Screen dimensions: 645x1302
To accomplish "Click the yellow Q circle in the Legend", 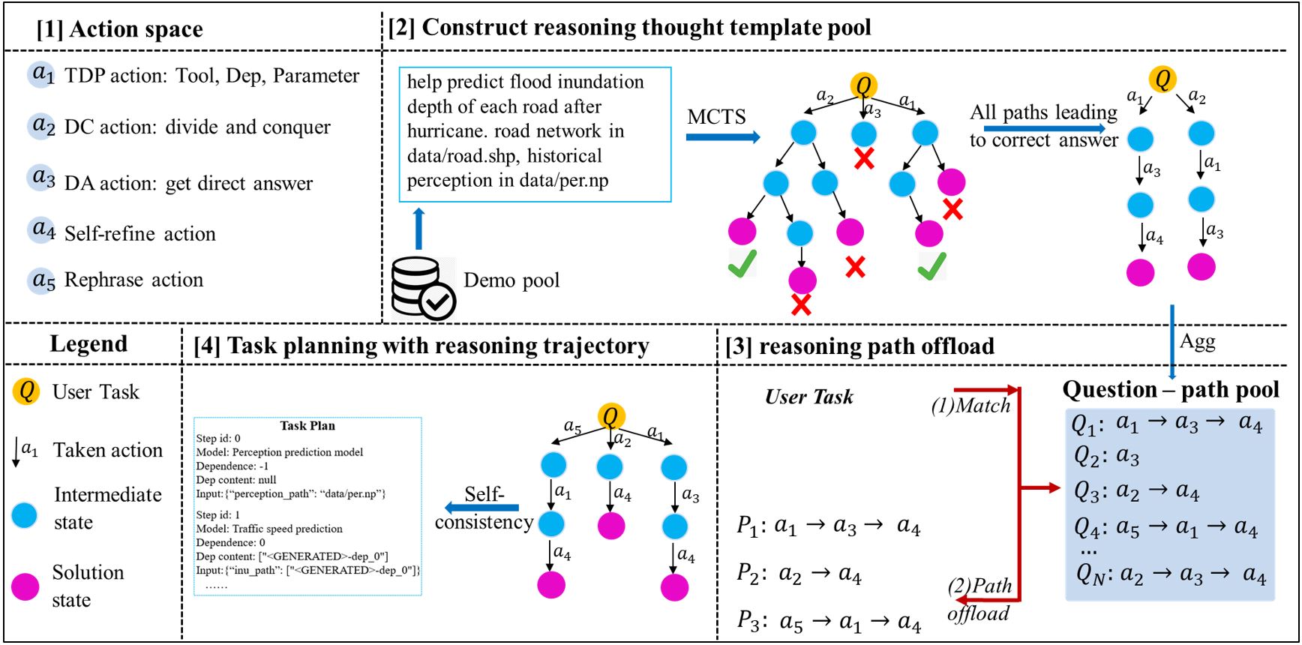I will (x=27, y=391).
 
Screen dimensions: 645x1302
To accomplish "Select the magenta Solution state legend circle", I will (x=26, y=586).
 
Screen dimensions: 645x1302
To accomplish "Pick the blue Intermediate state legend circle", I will (x=25, y=515).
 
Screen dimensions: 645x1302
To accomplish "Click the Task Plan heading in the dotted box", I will (x=307, y=425).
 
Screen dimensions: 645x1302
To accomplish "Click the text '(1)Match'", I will (x=970, y=406).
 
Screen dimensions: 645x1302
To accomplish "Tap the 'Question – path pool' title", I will (x=1171, y=389).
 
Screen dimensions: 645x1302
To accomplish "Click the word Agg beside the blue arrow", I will (x=1197, y=341).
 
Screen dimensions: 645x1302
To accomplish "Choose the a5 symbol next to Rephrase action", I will (x=43, y=280).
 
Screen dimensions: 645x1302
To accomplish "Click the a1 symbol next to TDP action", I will (x=43, y=74).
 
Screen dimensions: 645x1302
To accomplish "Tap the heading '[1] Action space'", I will (x=120, y=28).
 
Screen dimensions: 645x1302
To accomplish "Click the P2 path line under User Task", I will (x=799, y=574).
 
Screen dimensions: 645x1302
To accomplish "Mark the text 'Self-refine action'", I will (x=140, y=234).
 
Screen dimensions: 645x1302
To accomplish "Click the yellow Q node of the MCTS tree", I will (x=863, y=85).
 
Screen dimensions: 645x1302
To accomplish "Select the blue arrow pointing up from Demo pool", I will (x=419, y=229).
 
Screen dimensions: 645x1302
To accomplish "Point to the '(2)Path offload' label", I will (x=979, y=599).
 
